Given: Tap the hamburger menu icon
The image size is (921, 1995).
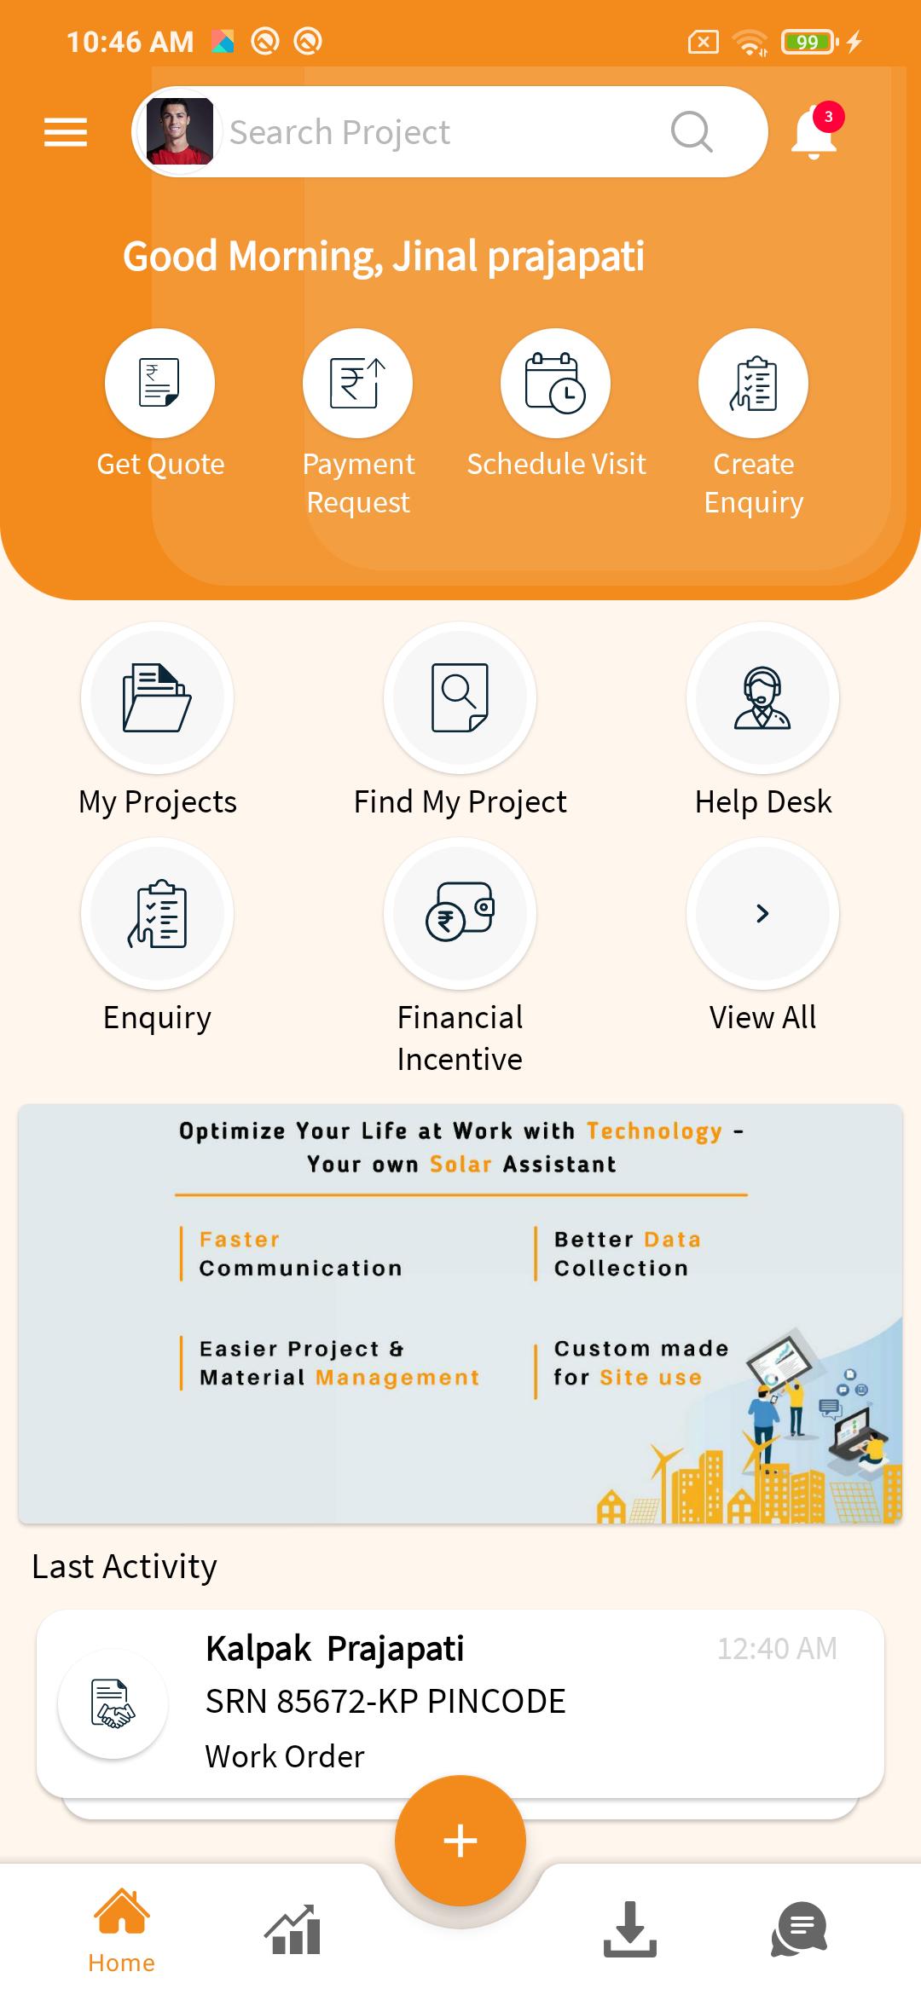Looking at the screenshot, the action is tap(66, 132).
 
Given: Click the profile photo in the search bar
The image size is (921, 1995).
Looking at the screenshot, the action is tap(179, 131).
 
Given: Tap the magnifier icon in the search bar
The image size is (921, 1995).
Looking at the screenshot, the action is tap(692, 132).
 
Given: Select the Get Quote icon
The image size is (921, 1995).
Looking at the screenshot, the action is tap(159, 383).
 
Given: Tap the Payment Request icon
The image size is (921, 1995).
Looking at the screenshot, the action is tap(357, 383).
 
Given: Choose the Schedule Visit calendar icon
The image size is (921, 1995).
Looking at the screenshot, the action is tap(555, 383).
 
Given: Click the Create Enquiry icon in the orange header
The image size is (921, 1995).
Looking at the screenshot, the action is tap(753, 383).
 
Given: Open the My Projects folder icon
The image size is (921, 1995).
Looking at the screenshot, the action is tap(157, 697).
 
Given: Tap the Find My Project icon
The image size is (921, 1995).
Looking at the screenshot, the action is tap(460, 697).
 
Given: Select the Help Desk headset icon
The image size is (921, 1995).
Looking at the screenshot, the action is tap(762, 697).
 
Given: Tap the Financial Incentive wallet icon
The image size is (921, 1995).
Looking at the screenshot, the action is tap(460, 913).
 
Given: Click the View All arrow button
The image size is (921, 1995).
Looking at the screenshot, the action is tap(762, 913).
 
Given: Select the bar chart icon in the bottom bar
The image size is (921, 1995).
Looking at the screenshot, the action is tap(293, 1928).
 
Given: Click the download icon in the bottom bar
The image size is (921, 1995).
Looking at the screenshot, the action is tap(630, 1928).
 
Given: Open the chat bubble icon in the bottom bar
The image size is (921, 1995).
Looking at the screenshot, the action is tap(799, 1928).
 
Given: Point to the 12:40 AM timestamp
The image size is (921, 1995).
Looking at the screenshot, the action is tap(777, 1649).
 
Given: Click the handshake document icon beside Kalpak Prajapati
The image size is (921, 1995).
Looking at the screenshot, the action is tap(113, 1703).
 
